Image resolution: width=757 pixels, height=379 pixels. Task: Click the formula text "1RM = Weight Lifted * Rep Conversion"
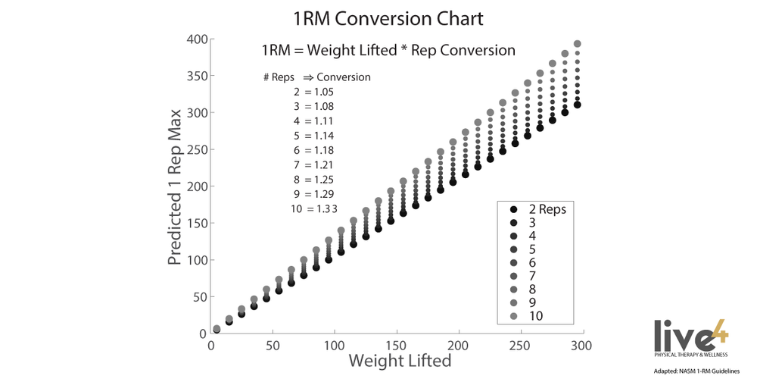click(x=388, y=51)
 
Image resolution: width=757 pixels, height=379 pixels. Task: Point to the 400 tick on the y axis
click(x=196, y=39)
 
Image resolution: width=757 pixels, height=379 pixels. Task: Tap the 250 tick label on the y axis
click(x=196, y=150)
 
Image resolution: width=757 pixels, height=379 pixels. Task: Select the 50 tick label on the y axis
click(x=199, y=297)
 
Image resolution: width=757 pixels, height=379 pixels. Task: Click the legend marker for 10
click(x=514, y=315)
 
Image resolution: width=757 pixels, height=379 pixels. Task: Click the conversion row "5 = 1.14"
click(x=313, y=136)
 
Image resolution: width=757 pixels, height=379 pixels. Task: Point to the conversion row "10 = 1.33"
click(x=313, y=209)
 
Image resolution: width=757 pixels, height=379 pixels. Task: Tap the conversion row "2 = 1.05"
click(x=313, y=92)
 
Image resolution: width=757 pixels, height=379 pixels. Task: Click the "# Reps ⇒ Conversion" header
click(x=316, y=77)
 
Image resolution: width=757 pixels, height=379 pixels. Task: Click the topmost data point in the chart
click(x=577, y=44)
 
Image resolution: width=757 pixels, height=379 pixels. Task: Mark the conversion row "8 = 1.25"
click(x=313, y=180)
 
